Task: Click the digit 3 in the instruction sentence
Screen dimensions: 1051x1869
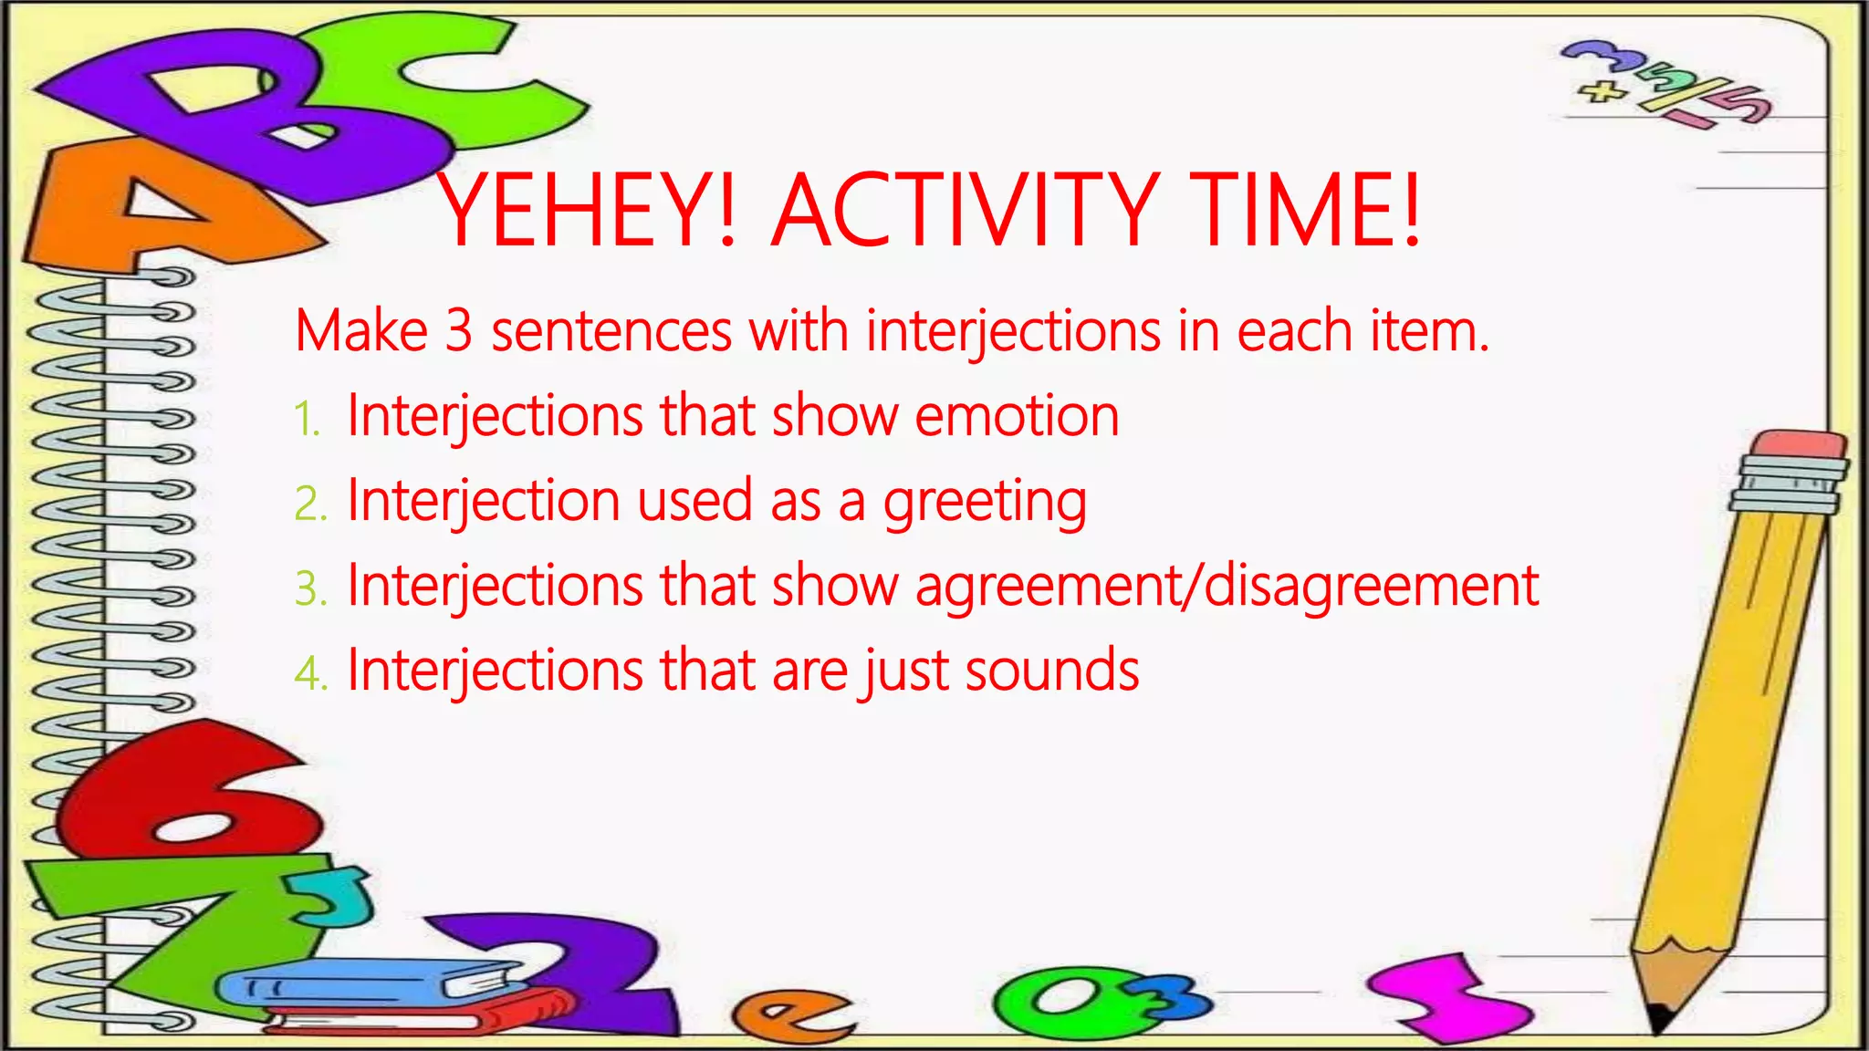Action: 459,330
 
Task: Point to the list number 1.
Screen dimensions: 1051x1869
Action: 307,420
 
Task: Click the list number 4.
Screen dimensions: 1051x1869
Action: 308,674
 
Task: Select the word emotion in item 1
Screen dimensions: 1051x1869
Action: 1017,416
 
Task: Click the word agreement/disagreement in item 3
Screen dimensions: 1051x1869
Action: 1227,586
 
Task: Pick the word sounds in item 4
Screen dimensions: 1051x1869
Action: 1051,671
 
